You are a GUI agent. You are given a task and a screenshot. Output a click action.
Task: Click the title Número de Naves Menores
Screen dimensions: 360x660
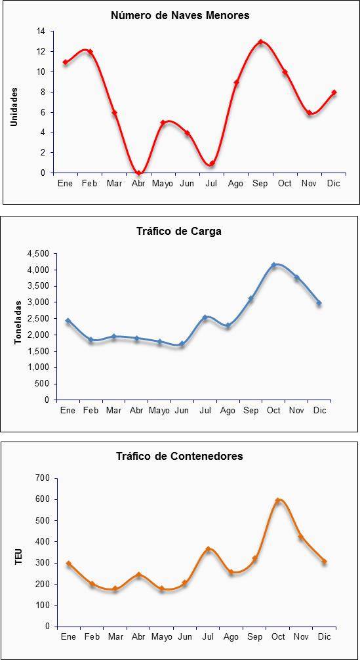(x=180, y=16)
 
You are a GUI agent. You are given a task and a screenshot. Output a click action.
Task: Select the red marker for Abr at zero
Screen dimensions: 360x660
(x=138, y=173)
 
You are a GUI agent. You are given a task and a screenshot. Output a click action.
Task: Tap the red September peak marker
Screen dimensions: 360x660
(x=261, y=42)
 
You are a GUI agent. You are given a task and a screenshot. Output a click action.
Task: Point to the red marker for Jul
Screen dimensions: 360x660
(x=212, y=163)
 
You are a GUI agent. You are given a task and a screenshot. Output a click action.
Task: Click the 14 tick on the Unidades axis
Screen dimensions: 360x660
(x=41, y=31)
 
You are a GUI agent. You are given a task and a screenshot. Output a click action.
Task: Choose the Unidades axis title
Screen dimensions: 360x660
(x=14, y=106)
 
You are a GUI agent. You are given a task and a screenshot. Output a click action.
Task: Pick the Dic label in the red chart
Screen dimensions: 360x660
(x=334, y=184)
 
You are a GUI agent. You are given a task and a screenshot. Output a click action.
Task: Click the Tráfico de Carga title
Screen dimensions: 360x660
(x=179, y=232)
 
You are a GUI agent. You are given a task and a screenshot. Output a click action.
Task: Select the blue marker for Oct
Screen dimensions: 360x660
(x=274, y=265)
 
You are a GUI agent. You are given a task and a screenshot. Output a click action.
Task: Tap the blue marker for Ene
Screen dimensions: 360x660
(x=68, y=321)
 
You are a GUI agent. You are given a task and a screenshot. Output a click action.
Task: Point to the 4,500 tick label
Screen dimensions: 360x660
(x=38, y=254)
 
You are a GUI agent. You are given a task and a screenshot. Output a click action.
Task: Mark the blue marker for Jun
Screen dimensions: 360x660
(x=182, y=344)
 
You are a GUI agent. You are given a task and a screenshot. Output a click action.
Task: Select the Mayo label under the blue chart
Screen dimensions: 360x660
(x=159, y=411)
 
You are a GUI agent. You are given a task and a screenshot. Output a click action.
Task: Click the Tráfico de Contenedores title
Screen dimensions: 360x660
(x=180, y=456)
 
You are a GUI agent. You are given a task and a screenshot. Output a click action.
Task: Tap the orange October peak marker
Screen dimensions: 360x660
(x=278, y=501)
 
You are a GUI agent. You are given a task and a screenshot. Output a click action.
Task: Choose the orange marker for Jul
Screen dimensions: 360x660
(x=208, y=549)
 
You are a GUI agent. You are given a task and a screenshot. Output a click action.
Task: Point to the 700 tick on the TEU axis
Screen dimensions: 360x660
(x=44, y=478)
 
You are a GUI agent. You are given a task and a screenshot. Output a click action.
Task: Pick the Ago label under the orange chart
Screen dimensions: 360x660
(x=231, y=637)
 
